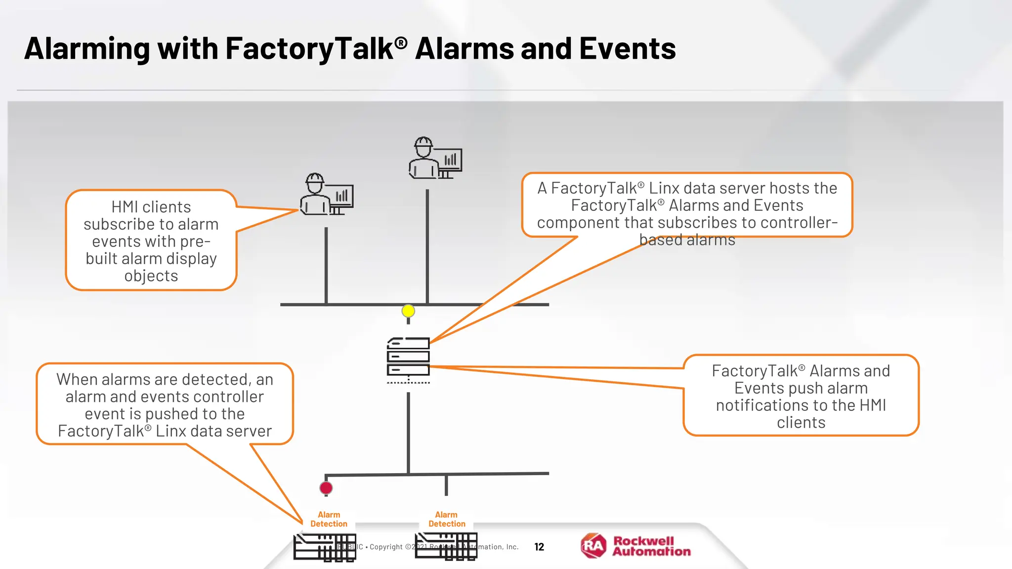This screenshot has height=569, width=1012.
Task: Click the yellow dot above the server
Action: coord(408,311)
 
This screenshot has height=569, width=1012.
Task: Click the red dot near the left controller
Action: coord(326,488)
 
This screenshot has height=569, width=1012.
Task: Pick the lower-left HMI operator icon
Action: coord(326,195)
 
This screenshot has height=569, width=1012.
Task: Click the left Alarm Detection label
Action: coord(329,519)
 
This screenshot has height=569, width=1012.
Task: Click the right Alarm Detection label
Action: coord(447,519)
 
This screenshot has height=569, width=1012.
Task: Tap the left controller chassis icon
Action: coord(324,547)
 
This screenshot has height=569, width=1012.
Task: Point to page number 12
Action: coord(539,547)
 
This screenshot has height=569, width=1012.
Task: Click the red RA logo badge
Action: coord(593,546)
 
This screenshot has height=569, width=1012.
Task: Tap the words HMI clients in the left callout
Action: coord(151,207)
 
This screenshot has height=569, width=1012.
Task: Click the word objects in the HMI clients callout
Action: coord(151,276)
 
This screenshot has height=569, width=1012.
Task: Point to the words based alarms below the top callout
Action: coord(687,240)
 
